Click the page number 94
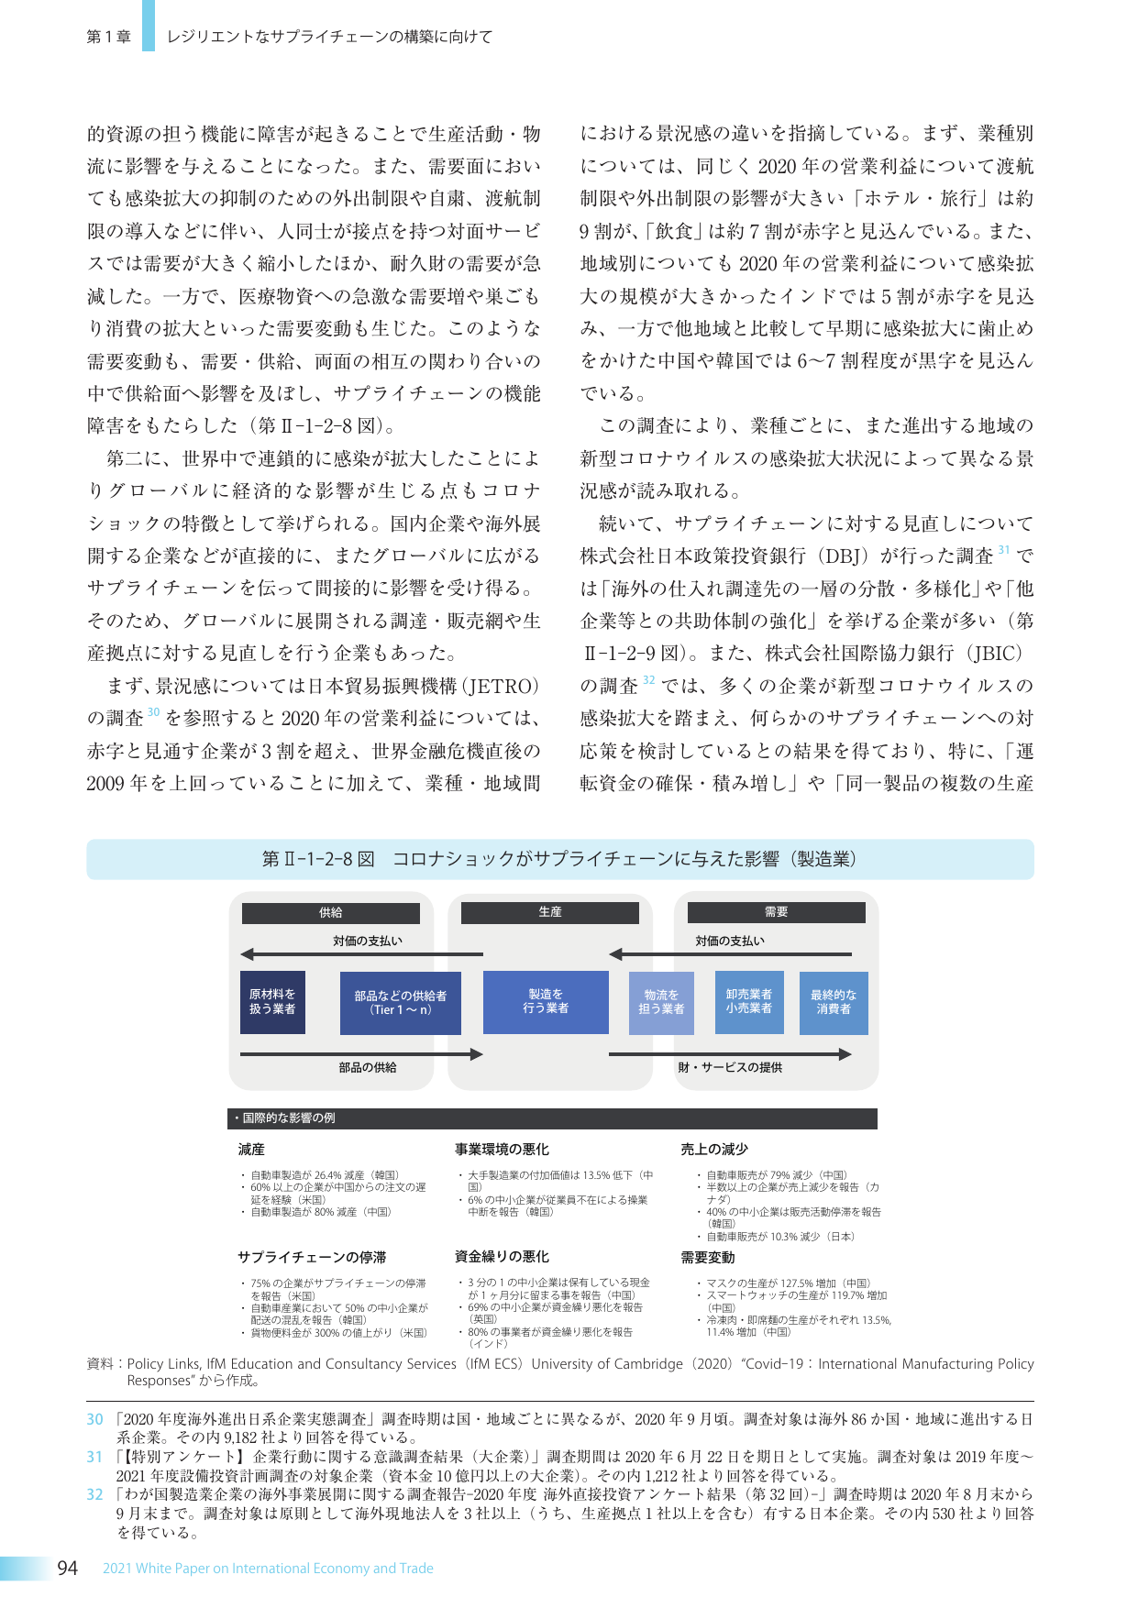[x=67, y=1568]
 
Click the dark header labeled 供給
[x=330, y=913]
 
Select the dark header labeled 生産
[x=549, y=912]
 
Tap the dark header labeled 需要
[x=776, y=912]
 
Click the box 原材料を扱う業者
[x=272, y=1002]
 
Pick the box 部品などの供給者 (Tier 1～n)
[x=400, y=1003]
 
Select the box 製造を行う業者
[x=546, y=1001]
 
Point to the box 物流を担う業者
[x=661, y=1002]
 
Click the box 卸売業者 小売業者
[x=749, y=1001]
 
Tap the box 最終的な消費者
[x=834, y=1002]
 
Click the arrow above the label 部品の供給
[x=361, y=1054]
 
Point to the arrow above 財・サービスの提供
[x=730, y=1054]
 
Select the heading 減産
[x=251, y=1150]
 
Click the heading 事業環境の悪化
[x=502, y=1150]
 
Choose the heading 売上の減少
[x=714, y=1150]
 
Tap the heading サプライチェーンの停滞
[x=312, y=1257]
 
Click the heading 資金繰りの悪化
[x=502, y=1257]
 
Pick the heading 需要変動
[x=708, y=1257]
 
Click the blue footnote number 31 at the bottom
[x=94, y=1457]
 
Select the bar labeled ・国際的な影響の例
[x=552, y=1118]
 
